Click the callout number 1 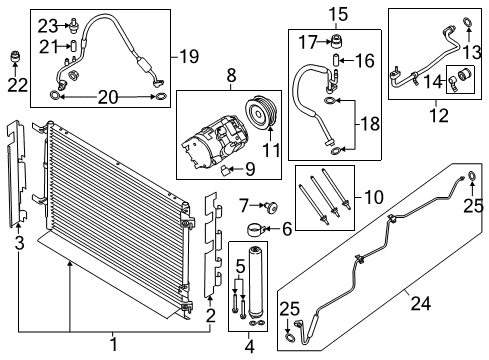112,345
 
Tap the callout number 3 19,241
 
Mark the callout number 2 209,316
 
